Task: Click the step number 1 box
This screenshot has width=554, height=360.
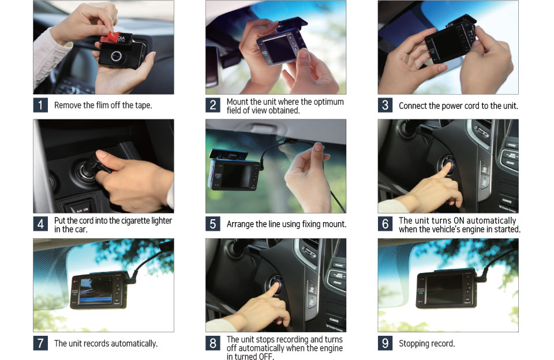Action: (40, 105)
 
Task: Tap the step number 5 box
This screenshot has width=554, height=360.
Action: (213, 224)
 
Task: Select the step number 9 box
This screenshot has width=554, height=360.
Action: (385, 343)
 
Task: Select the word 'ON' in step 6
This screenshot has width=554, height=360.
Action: (459, 220)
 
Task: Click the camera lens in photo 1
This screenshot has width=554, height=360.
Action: (116, 56)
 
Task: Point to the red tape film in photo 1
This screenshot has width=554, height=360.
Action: (110, 37)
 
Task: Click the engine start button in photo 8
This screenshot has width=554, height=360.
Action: (276, 284)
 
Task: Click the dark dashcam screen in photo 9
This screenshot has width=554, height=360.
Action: (444, 290)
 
